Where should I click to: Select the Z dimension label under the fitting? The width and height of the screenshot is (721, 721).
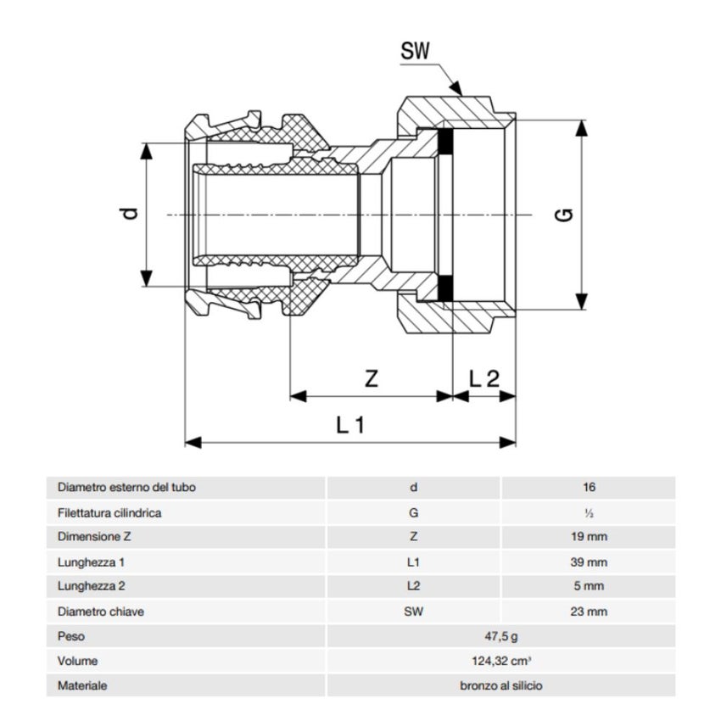pyautogui.click(x=371, y=379)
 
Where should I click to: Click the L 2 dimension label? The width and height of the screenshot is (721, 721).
pyautogui.click(x=484, y=379)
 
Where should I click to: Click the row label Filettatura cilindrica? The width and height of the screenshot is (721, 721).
pyautogui.click(x=109, y=512)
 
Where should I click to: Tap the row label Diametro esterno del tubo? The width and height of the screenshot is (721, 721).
pyautogui.click(x=131, y=488)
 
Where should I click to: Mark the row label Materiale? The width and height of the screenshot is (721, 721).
pyautogui.click(x=82, y=685)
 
